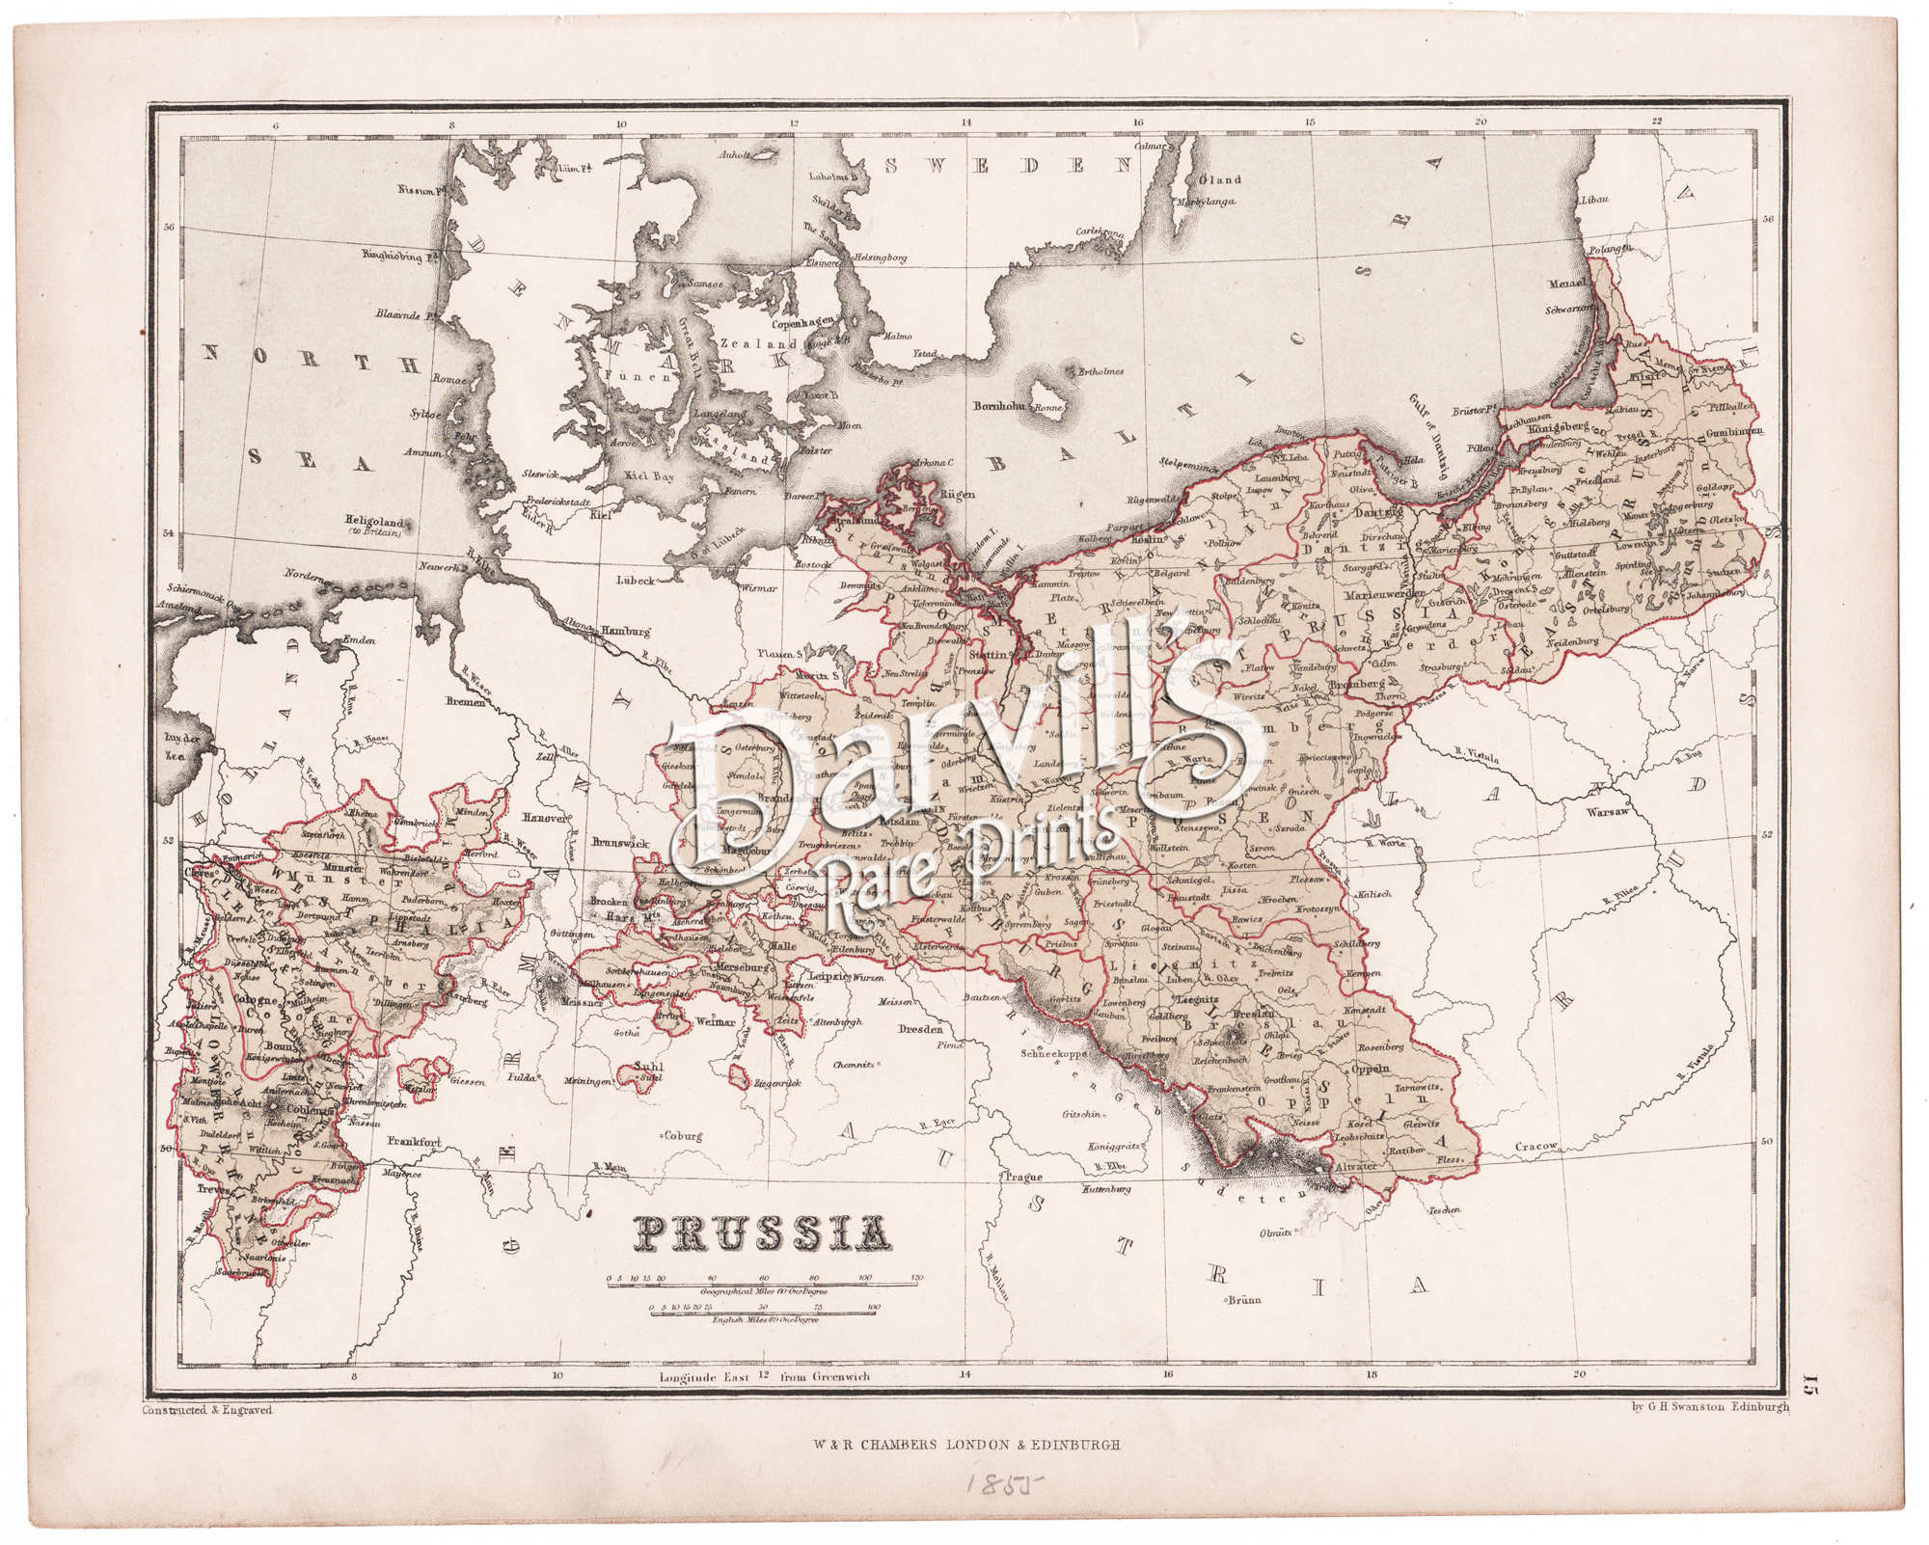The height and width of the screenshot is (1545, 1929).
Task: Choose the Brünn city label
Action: click(x=1244, y=1300)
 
